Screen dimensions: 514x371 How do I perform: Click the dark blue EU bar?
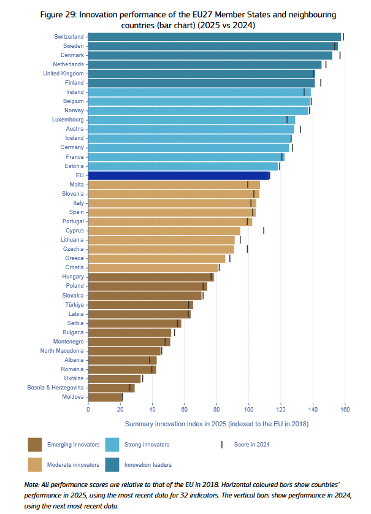pyautogui.click(x=178, y=175)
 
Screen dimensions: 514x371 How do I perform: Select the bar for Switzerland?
pyautogui.click(x=214, y=37)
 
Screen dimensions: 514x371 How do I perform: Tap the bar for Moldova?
pyautogui.click(x=105, y=397)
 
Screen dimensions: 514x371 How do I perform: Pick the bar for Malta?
pyautogui.click(x=174, y=185)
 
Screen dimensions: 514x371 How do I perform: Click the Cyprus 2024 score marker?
pyautogui.click(x=264, y=231)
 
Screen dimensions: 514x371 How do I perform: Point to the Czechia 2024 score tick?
pyautogui.click(x=247, y=249)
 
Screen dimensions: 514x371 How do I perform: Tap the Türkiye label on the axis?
pyautogui.click(x=74, y=304)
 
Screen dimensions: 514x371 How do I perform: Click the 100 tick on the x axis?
pyautogui.click(x=249, y=410)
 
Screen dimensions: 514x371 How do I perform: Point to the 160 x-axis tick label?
pyautogui.click(x=345, y=410)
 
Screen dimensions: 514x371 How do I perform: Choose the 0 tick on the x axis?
pyautogui.click(x=88, y=410)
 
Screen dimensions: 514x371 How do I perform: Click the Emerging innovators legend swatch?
pyautogui.click(x=35, y=444)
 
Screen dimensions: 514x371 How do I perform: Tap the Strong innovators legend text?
pyautogui.click(x=147, y=444)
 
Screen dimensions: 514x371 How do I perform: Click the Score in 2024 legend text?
pyautogui.click(x=252, y=444)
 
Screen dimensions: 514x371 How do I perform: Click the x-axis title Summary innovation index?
pyautogui.click(x=216, y=424)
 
